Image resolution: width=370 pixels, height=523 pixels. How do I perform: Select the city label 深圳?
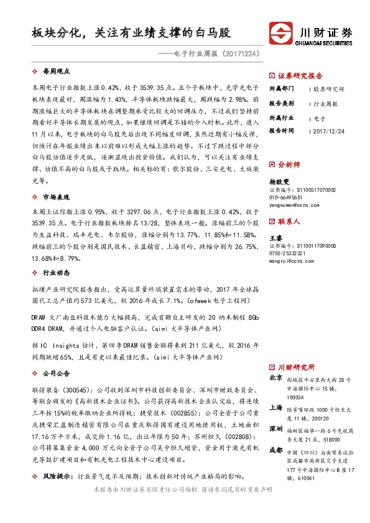coord(275,429)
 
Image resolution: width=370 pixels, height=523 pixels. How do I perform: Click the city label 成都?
coord(275,450)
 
